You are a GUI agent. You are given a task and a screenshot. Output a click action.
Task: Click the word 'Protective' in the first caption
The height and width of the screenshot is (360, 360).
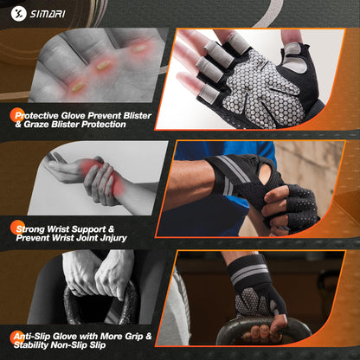coord(44,113)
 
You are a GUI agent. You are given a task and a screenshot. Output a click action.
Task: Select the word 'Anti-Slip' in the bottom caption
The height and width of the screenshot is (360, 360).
coord(42,337)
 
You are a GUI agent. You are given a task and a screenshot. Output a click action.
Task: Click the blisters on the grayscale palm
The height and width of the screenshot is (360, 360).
coord(100,66)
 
